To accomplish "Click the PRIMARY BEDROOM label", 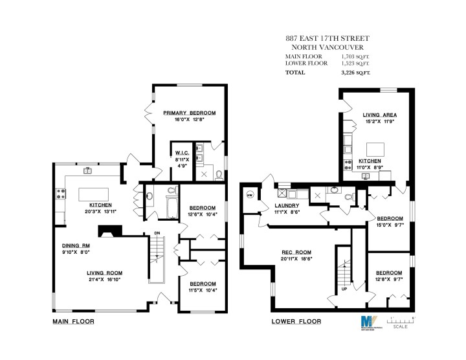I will [x=189, y=113].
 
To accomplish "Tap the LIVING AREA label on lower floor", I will [x=380, y=115].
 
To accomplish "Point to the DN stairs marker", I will [x=157, y=234].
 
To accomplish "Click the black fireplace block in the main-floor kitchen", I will [x=104, y=231].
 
